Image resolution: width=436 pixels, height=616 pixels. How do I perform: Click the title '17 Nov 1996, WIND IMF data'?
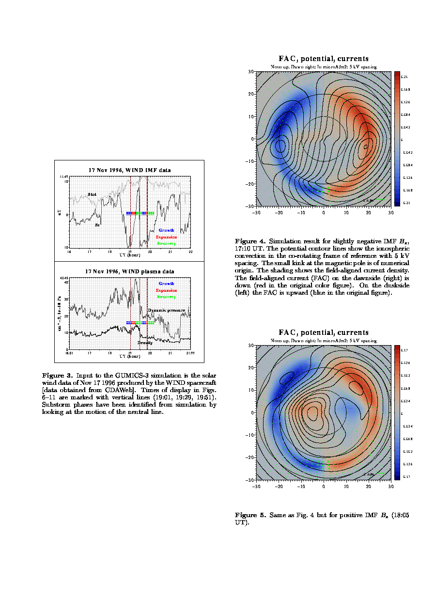coord(129,170)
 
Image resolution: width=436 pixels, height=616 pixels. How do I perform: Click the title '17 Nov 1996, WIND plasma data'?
coord(129,271)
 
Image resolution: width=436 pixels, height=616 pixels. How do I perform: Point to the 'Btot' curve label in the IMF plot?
coord(92,195)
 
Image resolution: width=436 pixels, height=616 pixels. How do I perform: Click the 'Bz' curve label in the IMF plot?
coord(97,225)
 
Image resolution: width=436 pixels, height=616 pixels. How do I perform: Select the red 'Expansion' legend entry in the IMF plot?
coord(166,237)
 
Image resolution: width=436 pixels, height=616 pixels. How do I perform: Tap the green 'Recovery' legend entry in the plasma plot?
coord(166,297)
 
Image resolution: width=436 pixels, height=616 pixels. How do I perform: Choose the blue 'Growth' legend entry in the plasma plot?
coord(166,284)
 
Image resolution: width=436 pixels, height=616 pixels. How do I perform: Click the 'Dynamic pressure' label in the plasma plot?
coord(166,310)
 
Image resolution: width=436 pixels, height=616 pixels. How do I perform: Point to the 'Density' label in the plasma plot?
coord(145,343)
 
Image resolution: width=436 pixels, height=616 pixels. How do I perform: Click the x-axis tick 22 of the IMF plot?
coord(190,253)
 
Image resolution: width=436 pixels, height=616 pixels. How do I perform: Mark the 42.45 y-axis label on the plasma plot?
coord(63,278)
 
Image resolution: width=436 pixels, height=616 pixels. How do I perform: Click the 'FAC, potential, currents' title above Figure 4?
coord(323,59)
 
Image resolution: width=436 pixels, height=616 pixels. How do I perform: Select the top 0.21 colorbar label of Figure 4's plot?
coord(405,77)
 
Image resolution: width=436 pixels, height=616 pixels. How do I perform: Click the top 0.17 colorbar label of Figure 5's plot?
coord(405,350)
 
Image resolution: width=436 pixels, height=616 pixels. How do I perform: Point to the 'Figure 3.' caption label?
coord(57,376)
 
